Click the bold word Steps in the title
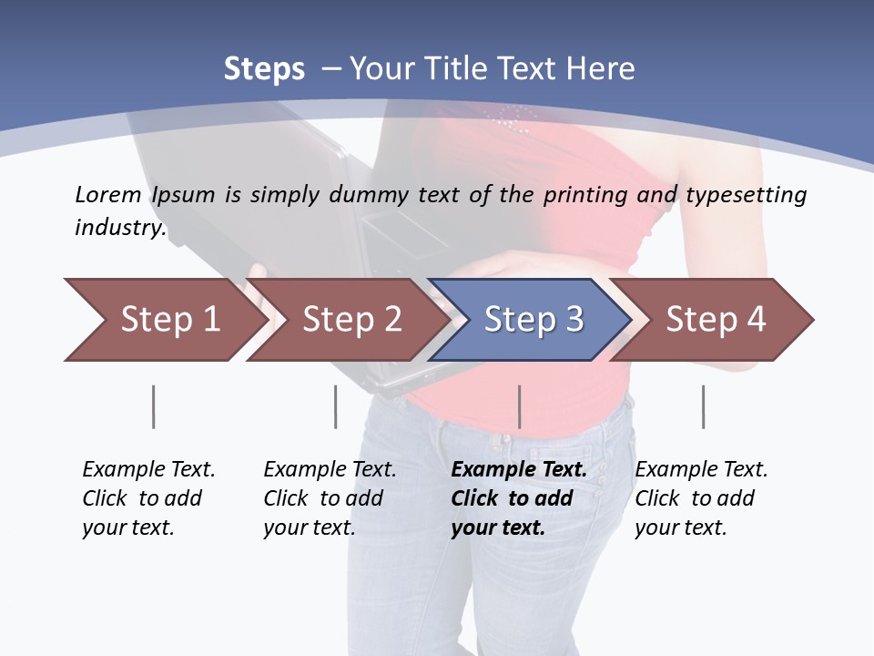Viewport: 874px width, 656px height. (264, 69)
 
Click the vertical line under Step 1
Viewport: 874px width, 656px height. (154, 406)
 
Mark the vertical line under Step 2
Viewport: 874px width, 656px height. (336, 406)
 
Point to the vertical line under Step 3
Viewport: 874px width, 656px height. (519, 406)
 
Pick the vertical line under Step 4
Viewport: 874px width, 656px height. (703, 406)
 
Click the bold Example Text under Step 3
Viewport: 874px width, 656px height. (519, 470)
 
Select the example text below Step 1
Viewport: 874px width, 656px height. (148, 498)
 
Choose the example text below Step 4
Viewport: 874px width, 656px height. (701, 498)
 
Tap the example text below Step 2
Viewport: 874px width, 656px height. (330, 498)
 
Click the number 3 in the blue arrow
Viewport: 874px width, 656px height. (573, 320)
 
